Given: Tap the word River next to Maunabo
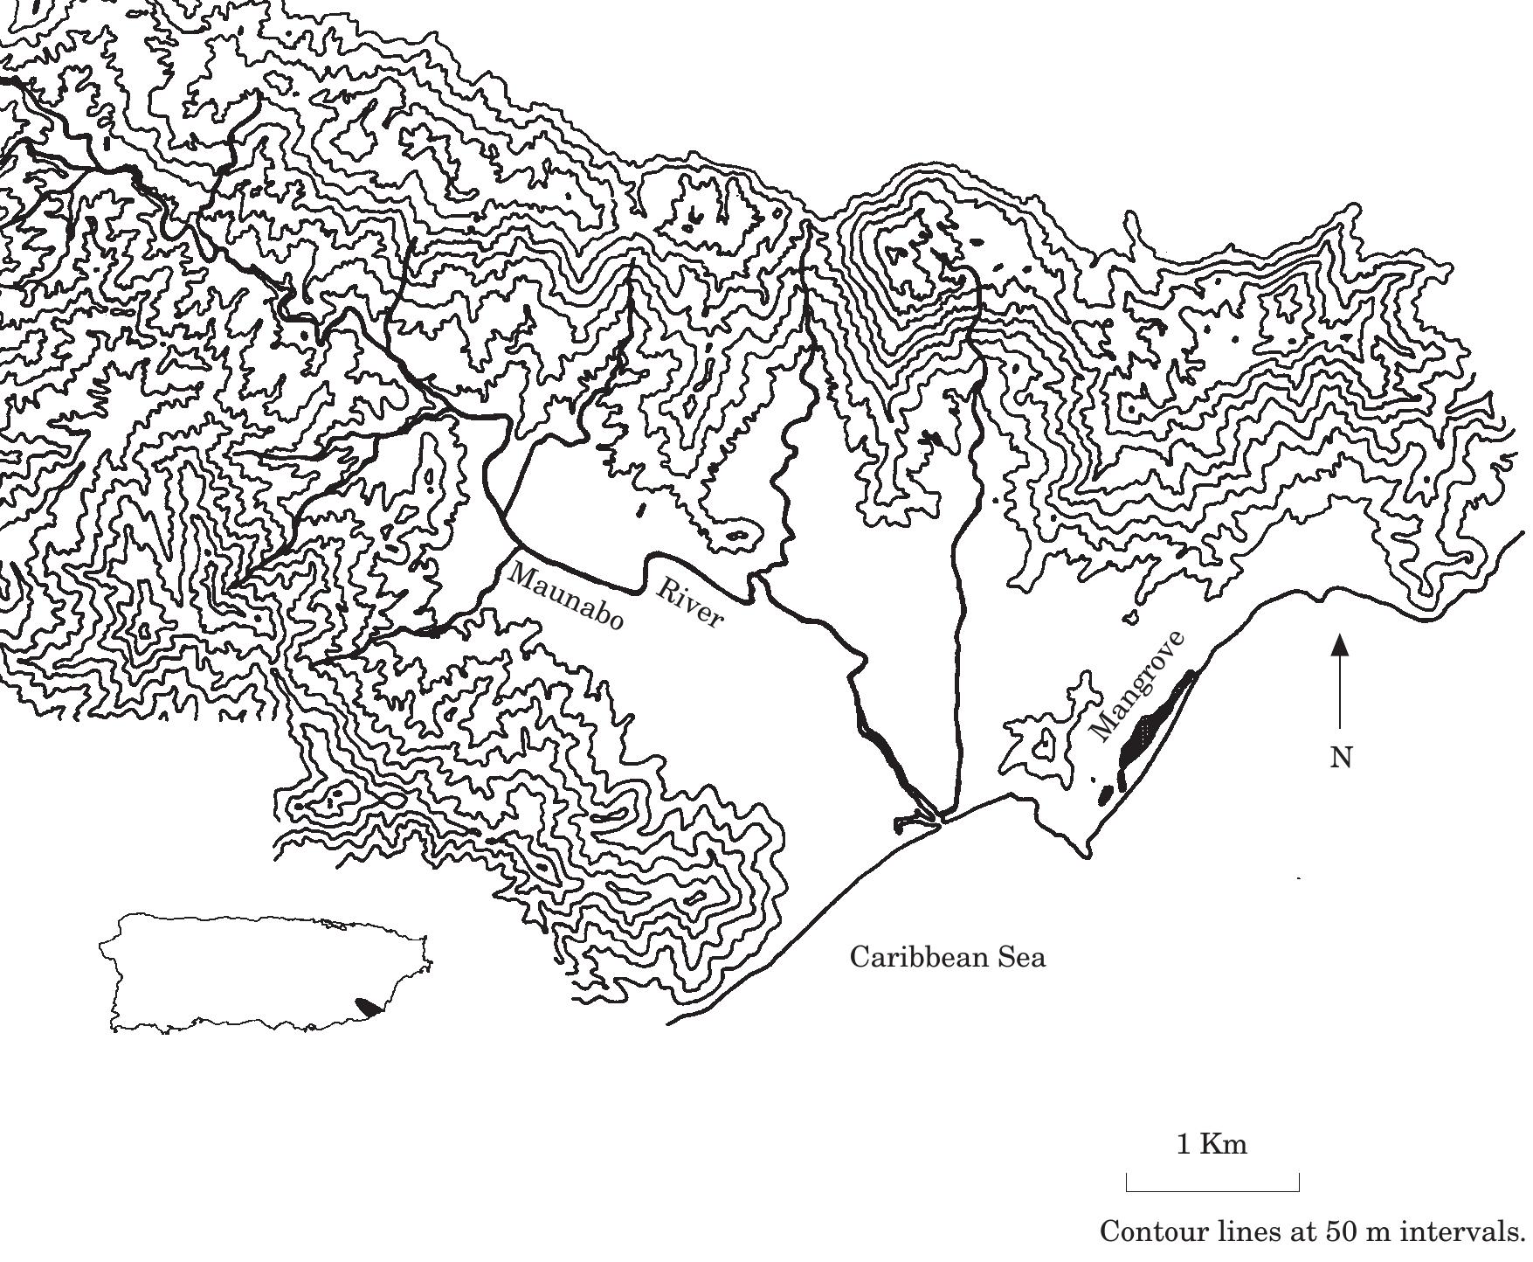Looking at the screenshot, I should tap(690, 603).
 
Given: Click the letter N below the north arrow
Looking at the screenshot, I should tap(1341, 758).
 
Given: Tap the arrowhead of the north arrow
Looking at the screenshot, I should tap(1340, 645).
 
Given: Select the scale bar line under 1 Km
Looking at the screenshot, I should tap(1212, 1190).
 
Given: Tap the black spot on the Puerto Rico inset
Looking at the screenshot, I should tap(369, 1005).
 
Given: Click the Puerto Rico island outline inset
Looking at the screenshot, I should tap(262, 970).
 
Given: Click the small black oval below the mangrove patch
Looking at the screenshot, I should tap(1106, 794).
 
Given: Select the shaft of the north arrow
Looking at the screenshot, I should tap(1340, 695).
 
